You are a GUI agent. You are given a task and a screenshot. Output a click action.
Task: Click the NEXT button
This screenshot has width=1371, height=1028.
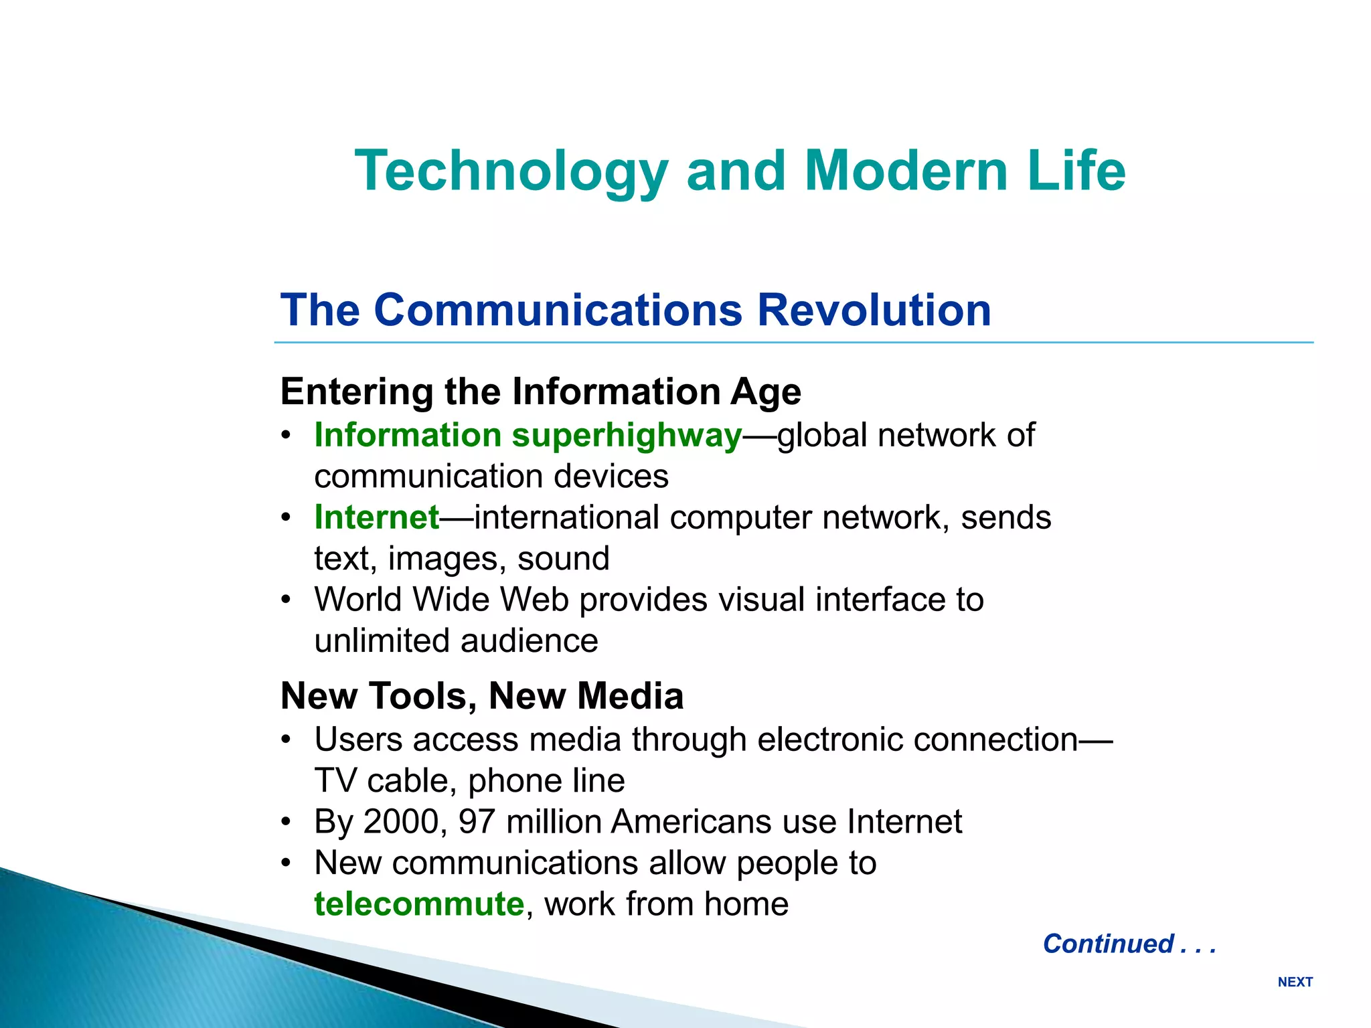click(1295, 982)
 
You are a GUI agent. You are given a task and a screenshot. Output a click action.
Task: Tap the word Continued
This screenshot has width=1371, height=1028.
click(1108, 944)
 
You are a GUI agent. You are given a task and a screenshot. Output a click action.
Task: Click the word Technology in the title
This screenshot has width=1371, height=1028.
click(511, 171)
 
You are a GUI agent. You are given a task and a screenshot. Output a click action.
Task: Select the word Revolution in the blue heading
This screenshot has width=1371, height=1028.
click(874, 310)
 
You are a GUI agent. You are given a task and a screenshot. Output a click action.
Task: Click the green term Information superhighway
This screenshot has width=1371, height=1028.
click(528, 435)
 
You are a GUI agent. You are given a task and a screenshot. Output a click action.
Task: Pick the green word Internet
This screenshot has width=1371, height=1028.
click(377, 517)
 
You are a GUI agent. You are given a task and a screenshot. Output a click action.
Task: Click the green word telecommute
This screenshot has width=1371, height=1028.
click(419, 904)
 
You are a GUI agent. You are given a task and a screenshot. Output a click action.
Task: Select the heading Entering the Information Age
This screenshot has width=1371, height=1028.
click(540, 392)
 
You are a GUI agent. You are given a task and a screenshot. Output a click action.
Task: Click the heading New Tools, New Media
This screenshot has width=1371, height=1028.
click(482, 696)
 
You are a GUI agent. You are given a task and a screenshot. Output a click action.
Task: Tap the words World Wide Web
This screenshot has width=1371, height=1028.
click(441, 600)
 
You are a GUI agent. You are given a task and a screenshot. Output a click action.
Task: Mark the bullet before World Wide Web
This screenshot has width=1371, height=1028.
click(287, 600)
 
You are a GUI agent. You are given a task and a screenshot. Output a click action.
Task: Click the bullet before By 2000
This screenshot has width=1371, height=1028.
click(287, 822)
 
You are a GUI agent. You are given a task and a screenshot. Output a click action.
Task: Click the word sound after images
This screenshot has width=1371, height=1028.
click(563, 559)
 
